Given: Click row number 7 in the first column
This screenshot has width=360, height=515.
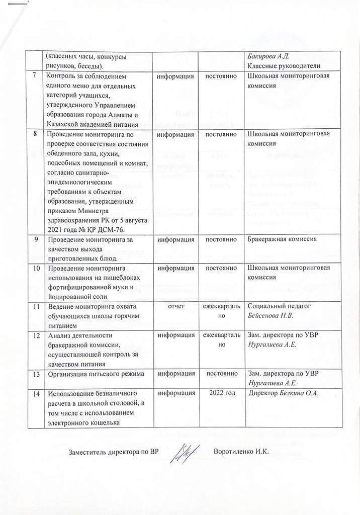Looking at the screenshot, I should coord(34,76).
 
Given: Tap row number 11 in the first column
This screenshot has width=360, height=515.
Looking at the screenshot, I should coord(35,306).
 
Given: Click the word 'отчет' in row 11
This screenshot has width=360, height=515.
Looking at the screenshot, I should coord(175,306).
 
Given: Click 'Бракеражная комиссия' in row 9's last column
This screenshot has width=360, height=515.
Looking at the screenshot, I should coord(282,239).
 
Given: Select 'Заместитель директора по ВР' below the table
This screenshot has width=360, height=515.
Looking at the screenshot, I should coord(114,452).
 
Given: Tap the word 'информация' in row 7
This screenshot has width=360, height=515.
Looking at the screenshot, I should coord(175,76).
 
